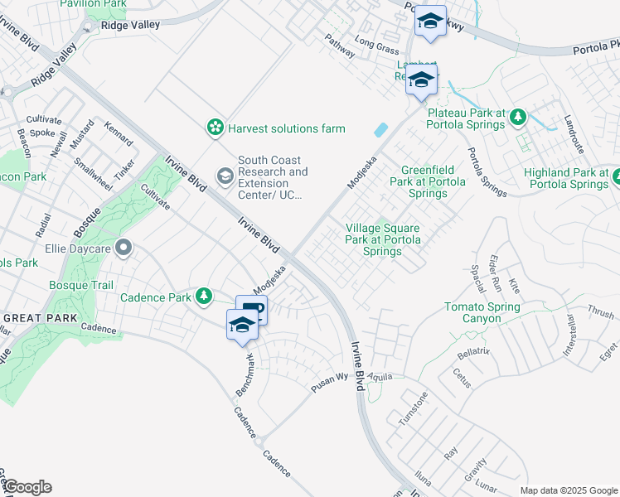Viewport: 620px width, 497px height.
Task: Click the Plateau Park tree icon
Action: point(519,117)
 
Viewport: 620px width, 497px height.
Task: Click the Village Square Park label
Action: point(382,239)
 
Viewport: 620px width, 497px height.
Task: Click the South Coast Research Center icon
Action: point(225,176)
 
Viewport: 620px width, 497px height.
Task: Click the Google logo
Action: point(27,487)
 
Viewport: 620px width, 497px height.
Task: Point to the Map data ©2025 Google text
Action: point(568,490)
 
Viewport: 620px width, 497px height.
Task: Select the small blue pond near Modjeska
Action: point(380,130)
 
